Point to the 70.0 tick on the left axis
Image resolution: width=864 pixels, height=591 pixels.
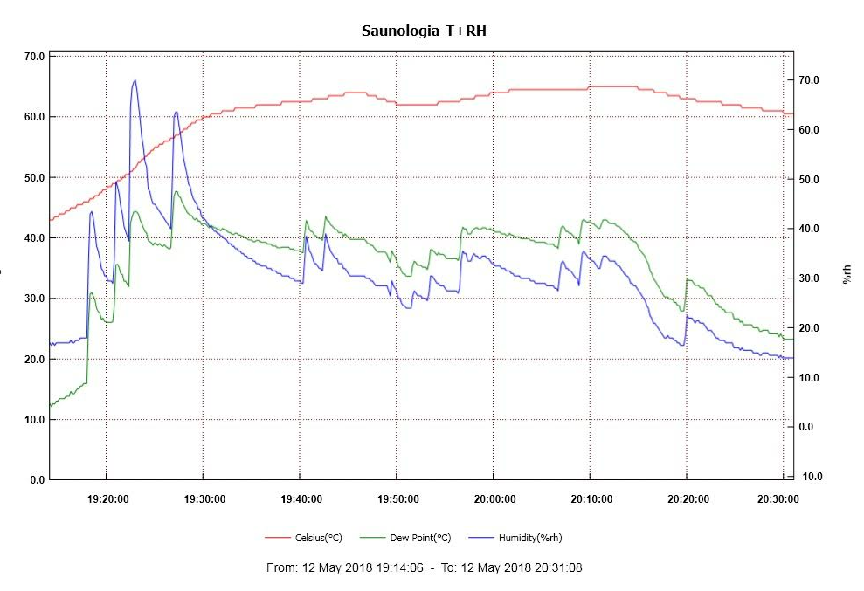(35, 56)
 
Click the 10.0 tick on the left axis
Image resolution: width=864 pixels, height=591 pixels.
(35, 419)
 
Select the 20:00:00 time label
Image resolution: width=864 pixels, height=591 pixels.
(494, 499)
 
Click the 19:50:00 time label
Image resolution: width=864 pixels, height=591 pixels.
(397, 499)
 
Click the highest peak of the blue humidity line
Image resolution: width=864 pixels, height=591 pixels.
(135, 80)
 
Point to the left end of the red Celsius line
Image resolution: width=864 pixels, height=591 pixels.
(51, 219)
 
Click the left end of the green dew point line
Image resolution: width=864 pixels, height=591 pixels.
(51, 406)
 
